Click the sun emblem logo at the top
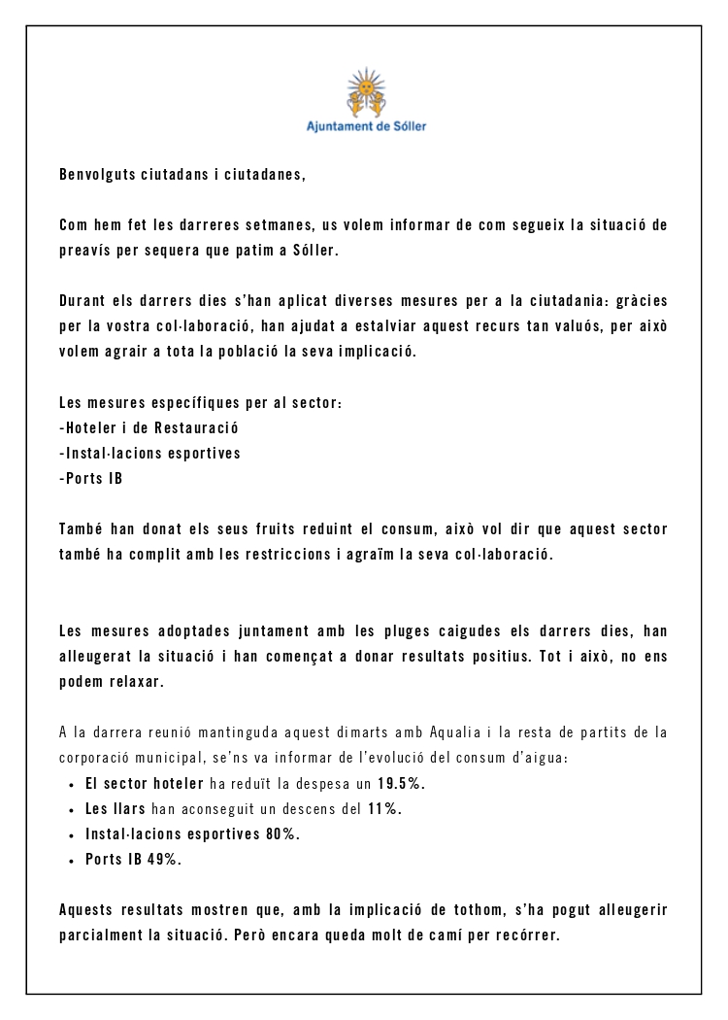click(x=366, y=92)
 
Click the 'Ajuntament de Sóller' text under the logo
click(x=366, y=126)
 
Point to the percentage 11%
click(x=383, y=808)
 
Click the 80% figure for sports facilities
click(x=282, y=833)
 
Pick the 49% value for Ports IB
click(x=164, y=859)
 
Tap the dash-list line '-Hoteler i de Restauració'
click(x=149, y=427)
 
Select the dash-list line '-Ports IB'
click(x=90, y=478)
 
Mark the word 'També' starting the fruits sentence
click(x=82, y=528)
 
